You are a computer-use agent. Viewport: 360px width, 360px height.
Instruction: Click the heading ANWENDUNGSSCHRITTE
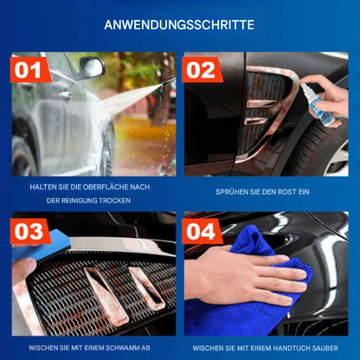179,25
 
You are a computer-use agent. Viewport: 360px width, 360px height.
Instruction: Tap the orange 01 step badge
30,69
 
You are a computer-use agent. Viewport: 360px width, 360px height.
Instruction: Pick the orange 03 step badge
30,232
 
